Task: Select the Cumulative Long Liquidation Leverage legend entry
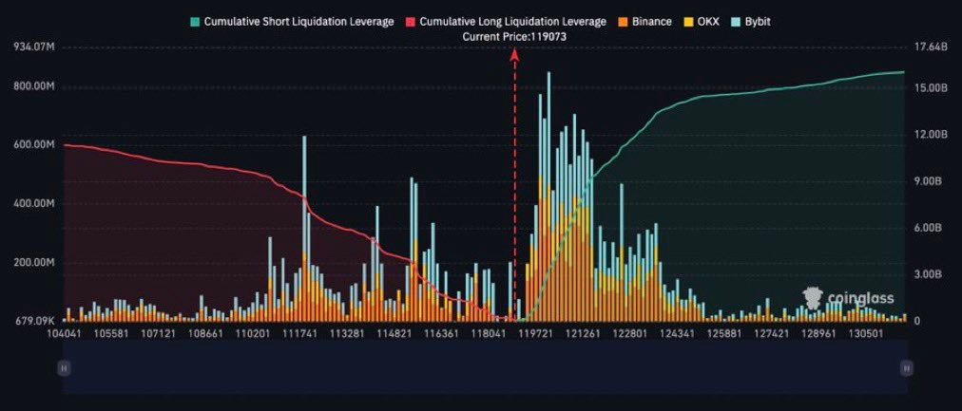[x=506, y=21]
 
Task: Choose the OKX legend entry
[x=702, y=21]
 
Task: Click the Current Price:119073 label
[x=513, y=36]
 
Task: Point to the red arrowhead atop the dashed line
[x=514, y=55]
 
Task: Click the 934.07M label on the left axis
[x=34, y=47]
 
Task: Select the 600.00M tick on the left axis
[x=34, y=145]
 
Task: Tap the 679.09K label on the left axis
[x=34, y=320]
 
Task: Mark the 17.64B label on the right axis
[x=930, y=47]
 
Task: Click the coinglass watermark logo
[x=848, y=298]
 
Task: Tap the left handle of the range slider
[x=64, y=367]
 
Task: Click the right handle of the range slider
[x=907, y=367]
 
